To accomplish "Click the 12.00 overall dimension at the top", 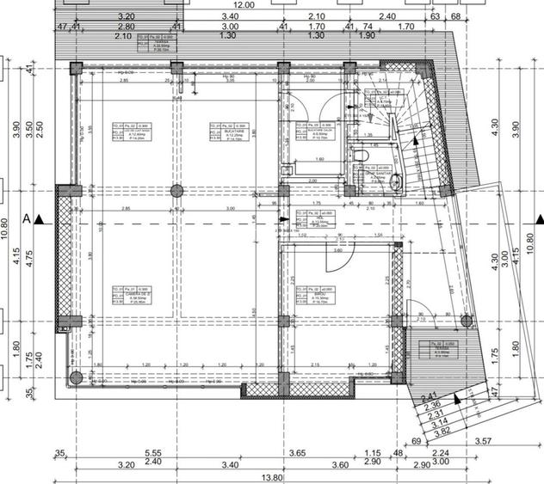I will [243, 4].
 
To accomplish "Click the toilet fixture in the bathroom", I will [363, 155].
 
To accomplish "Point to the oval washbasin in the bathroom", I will [395, 182].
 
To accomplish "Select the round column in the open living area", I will [176, 190].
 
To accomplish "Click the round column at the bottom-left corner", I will [76, 377].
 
